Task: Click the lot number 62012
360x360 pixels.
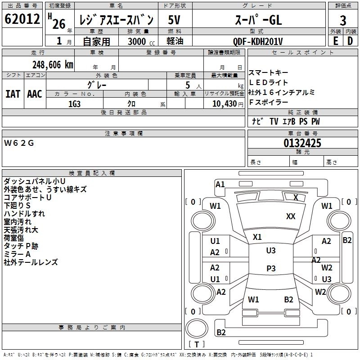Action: (x=22, y=20)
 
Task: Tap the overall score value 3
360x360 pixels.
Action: (x=343, y=21)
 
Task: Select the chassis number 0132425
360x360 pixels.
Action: (x=302, y=143)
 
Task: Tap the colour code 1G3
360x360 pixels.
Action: (x=74, y=103)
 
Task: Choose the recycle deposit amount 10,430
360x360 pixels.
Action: (x=223, y=103)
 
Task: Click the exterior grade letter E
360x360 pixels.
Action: (x=335, y=41)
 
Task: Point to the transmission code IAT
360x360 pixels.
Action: (x=13, y=94)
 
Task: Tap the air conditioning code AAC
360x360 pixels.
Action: (x=35, y=94)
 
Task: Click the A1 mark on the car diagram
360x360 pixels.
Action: (x=220, y=184)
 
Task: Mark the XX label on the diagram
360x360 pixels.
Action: (x=291, y=216)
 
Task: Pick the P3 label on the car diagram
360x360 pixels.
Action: (x=271, y=269)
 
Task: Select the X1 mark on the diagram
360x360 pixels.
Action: (x=257, y=237)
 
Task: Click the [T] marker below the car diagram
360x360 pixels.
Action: (x=197, y=344)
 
